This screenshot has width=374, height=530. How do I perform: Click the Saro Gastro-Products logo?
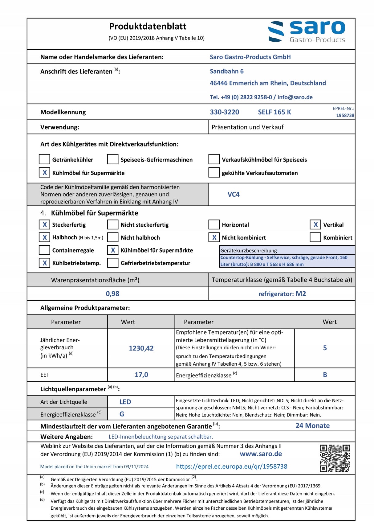tap(307, 32)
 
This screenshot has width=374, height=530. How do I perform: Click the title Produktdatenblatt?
tap(148, 27)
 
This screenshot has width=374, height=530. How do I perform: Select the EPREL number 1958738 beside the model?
tap(345, 115)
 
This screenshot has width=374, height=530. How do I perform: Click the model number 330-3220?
tap(224, 112)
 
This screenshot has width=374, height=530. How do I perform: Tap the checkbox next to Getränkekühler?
tap(44, 159)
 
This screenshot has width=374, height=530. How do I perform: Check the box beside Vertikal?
tap(315, 224)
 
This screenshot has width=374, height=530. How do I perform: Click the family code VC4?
tap(233, 195)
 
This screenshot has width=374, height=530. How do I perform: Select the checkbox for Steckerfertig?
tap(44, 224)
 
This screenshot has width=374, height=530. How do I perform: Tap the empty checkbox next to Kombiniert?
tap(315, 237)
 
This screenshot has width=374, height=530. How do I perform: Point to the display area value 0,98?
tap(112, 294)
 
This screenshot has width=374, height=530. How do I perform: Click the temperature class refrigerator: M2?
tap(282, 294)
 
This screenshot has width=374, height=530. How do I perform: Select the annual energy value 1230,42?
tap(141, 348)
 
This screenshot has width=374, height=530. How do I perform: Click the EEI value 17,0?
tap(141, 375)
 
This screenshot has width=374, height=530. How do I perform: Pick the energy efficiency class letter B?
tap(325, 375)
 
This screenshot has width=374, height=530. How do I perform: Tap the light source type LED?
tap(125, 402)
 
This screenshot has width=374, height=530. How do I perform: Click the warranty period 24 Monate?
tap(312, 426)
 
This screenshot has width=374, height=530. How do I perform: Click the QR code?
tap(335, 458)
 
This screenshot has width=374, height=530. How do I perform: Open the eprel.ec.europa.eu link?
tap(231, 466)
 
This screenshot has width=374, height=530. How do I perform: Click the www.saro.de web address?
tap(261, 454)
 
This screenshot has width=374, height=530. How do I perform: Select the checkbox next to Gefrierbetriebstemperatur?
tap(113, 263)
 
